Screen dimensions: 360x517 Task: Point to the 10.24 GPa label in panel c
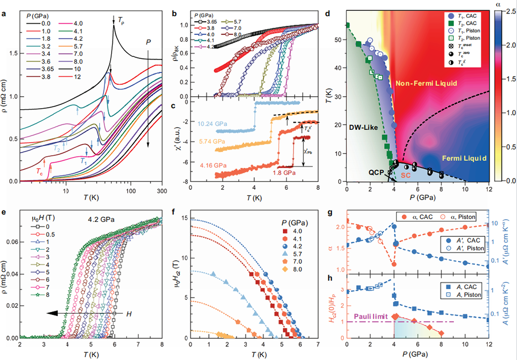coord(212,124)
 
